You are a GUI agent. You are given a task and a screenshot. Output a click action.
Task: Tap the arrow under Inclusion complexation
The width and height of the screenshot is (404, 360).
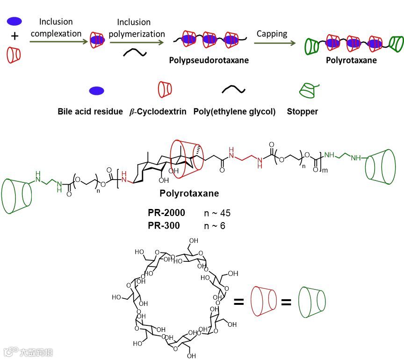(59, 42)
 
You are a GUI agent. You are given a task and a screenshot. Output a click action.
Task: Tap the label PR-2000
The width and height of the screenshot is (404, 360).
(166, 213)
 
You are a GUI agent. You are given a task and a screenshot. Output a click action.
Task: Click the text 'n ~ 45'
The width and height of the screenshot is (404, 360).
(217, 214)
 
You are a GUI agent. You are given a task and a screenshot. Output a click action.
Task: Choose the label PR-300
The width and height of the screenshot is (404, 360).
(164, 226)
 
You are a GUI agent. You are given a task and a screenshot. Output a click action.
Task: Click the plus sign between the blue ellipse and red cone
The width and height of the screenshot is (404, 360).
(14, 35)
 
